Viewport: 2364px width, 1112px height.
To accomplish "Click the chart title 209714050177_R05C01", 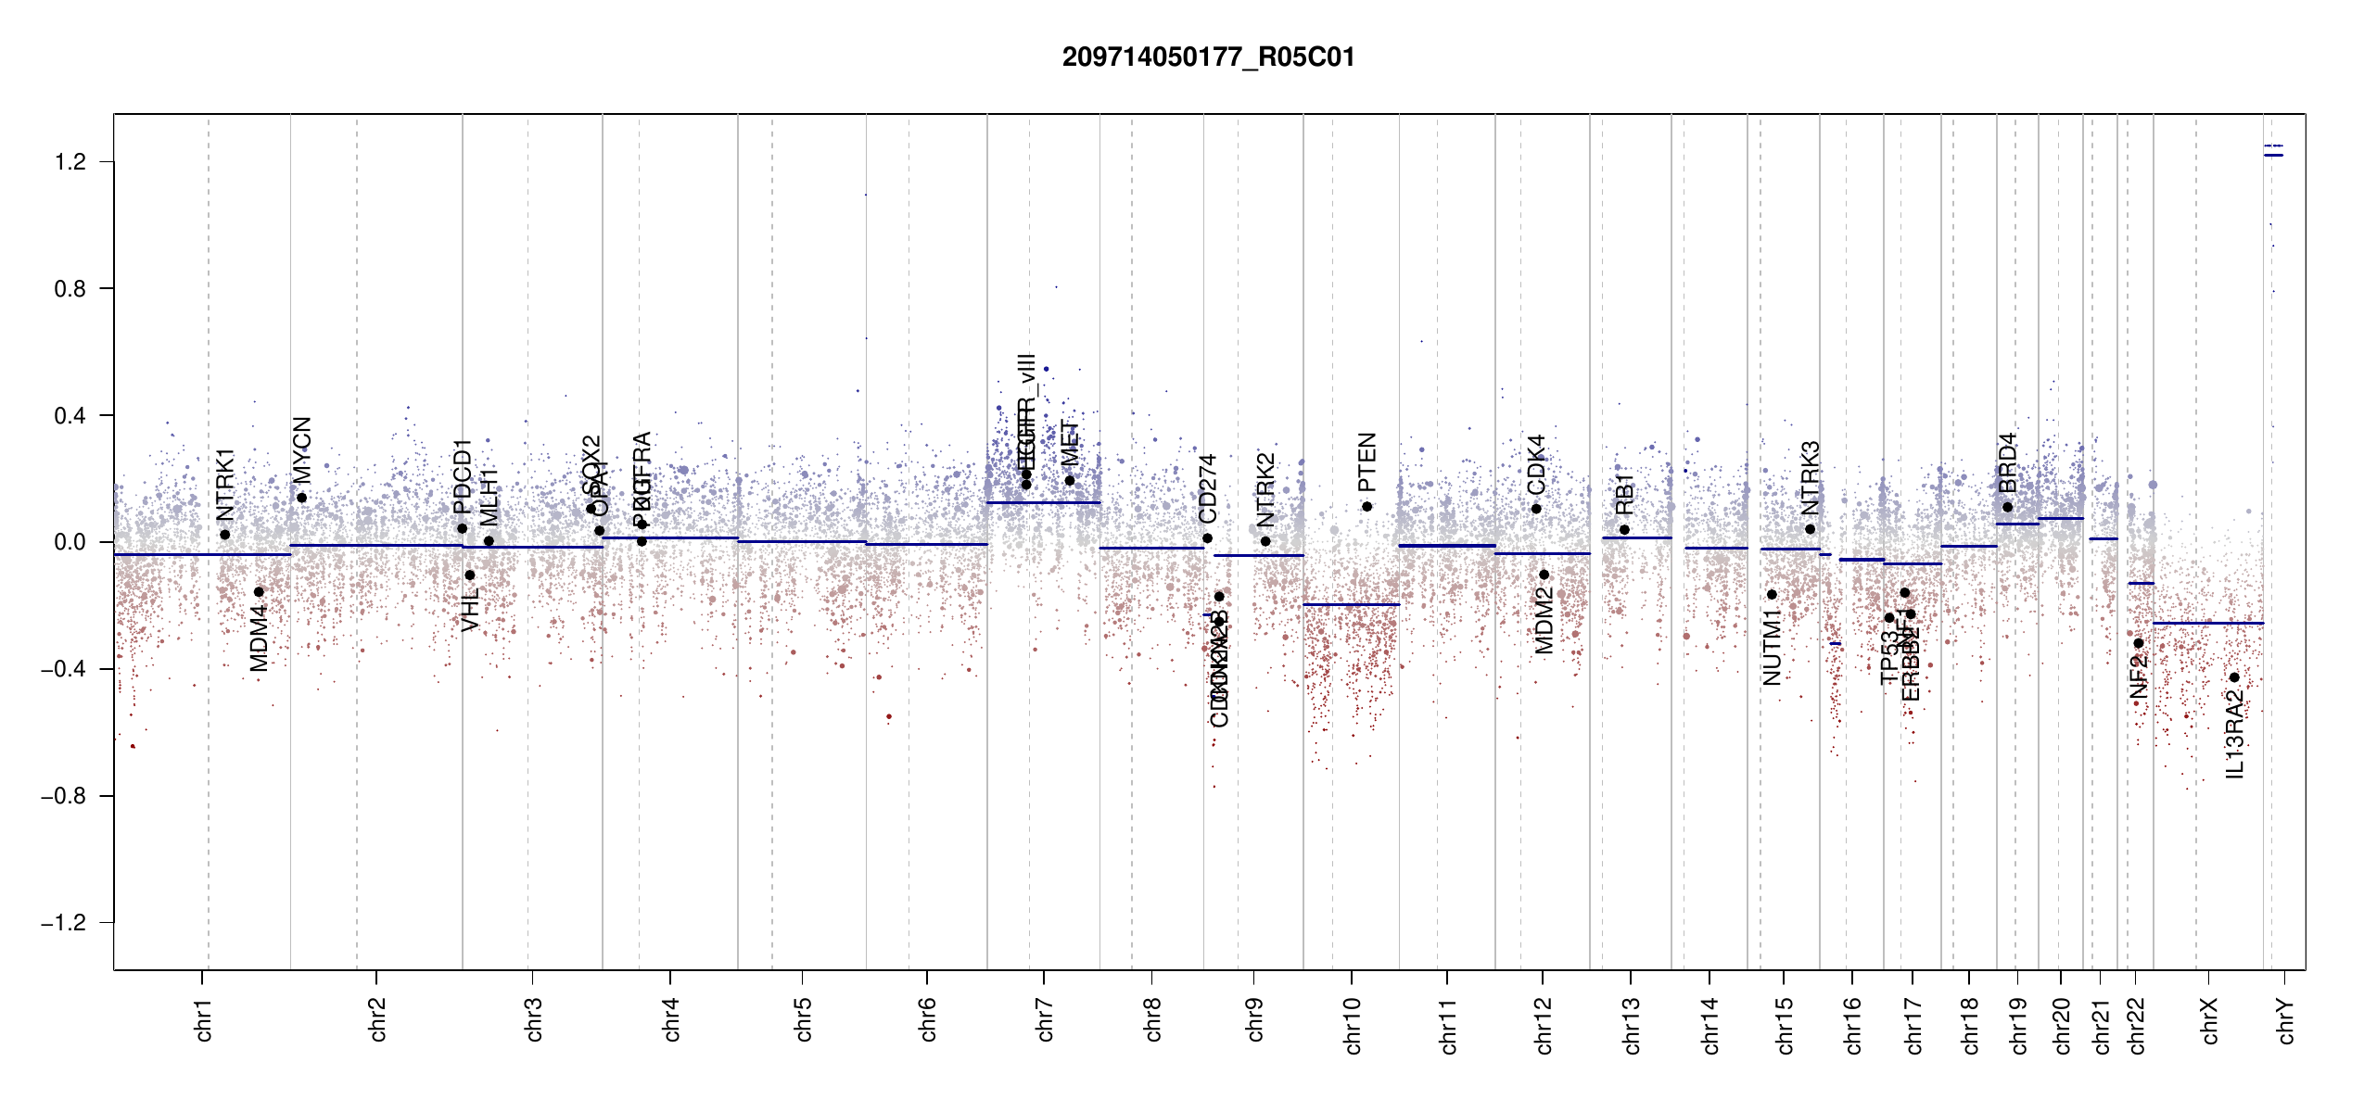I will point(1208,57).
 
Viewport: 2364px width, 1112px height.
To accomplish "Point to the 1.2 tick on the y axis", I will point(70,162).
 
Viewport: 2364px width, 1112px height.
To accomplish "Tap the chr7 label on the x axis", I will point(1045,1019).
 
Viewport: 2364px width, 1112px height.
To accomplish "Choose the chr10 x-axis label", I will point(1353,1025).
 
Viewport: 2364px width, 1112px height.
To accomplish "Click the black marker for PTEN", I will point(1366,507).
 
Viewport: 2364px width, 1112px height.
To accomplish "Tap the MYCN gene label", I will point(302,449).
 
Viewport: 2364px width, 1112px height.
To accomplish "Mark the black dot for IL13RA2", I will point(2234,677).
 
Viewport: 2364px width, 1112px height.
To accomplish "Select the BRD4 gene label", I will point(2007,462).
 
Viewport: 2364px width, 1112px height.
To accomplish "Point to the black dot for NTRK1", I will point(224,535).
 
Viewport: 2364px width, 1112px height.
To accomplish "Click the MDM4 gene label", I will point(259,638).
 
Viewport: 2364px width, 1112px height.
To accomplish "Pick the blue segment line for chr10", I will point(1351,604).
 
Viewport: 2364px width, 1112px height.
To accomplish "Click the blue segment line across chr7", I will point(1043,502).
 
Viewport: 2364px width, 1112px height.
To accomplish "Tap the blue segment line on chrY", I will point(2273,155).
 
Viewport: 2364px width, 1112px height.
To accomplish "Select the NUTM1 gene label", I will point(1772,647).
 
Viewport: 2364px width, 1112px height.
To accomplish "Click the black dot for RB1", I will point(1624,530).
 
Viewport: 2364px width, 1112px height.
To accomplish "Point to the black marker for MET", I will point(1069,480).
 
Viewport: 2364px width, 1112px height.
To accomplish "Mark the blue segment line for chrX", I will point(2207,623).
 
